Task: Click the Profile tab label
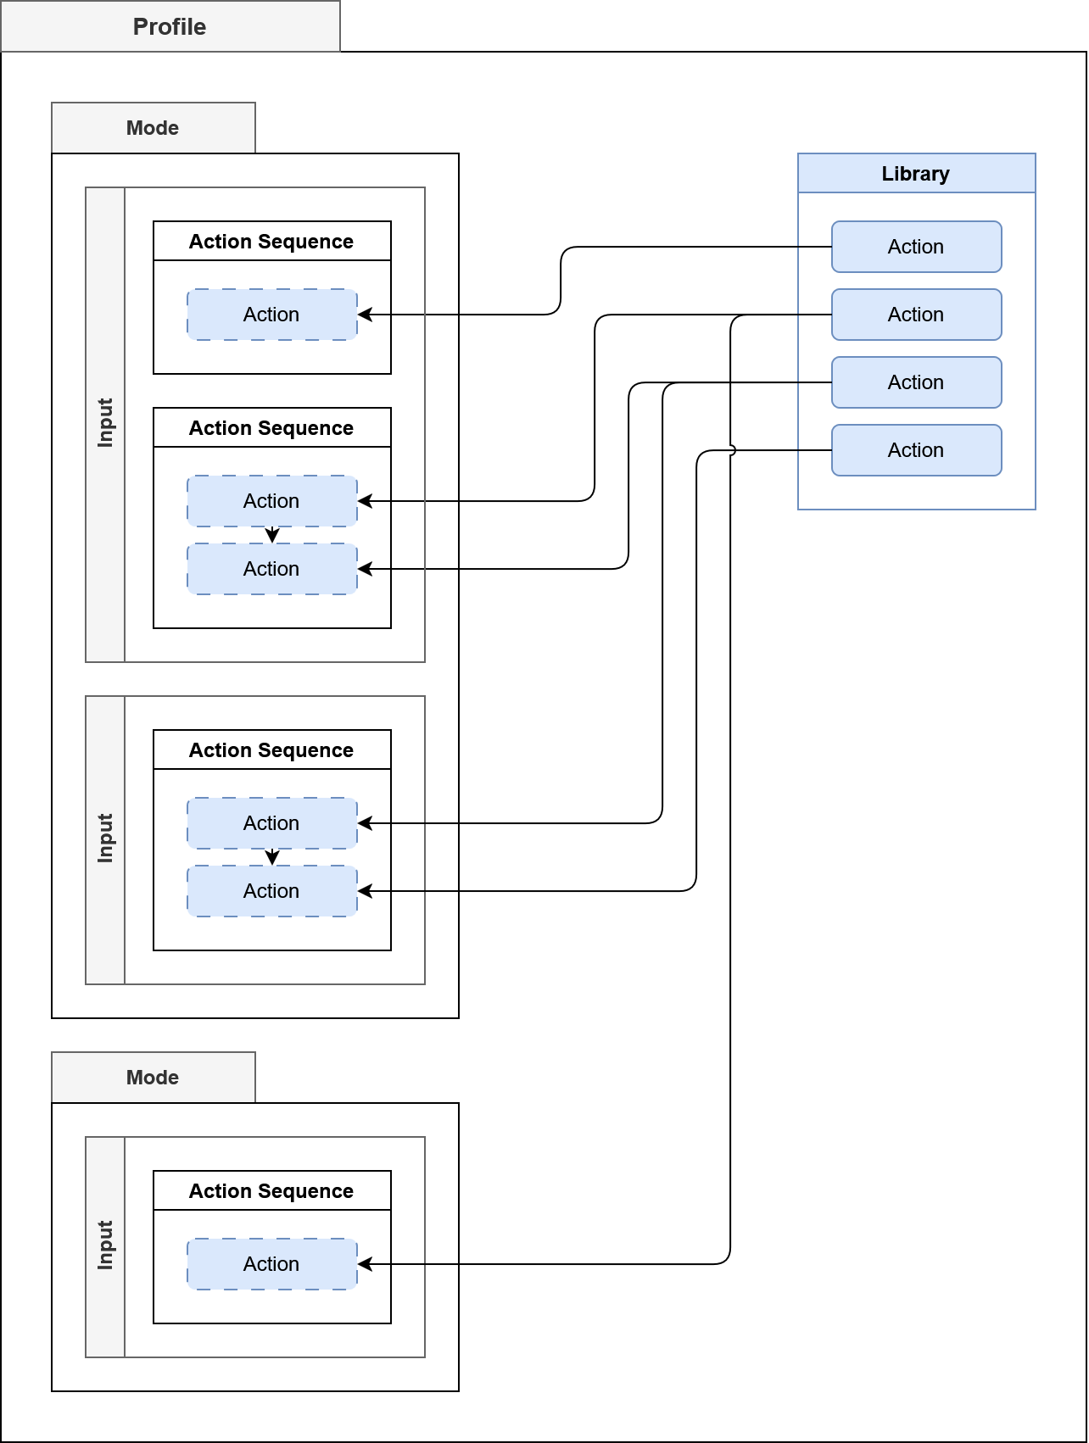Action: pos(170,27)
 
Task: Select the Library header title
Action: pos(916,174)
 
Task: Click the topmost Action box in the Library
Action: pos(916,247)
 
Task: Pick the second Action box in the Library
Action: pos(916,315)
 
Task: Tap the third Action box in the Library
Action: pos(916,382)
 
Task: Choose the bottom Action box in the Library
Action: pos(916,450)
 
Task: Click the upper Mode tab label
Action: pos(153,128)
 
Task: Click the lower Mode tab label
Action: pos(153,1078)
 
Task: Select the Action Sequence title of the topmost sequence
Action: pos(271,242)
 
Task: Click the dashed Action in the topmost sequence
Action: pos(271,315)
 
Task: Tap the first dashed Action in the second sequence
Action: pos(271,501)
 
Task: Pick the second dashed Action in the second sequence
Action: pos(271,569)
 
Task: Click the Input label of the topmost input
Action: pos(105,423)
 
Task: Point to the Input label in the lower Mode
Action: pos(105,1245)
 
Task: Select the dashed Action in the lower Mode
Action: pos(271,1264)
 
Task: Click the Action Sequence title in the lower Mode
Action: pos(271,1191)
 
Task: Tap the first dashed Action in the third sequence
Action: pos(271,823)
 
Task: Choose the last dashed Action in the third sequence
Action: pos(271,891)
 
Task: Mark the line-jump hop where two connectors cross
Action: pos(731,450)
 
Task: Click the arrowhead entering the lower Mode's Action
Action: pos(365,1264)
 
